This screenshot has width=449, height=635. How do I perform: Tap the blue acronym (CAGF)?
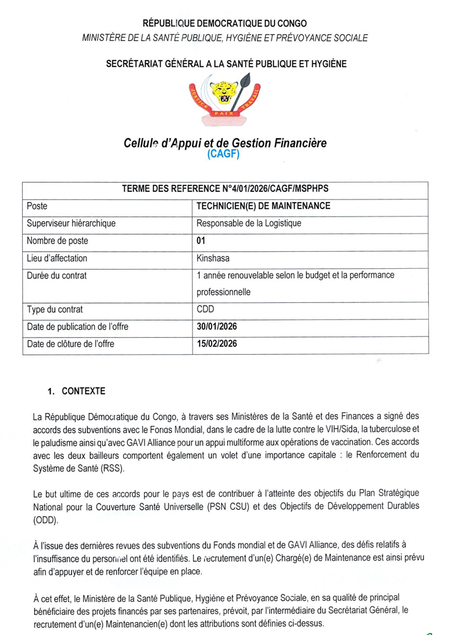[224, 154]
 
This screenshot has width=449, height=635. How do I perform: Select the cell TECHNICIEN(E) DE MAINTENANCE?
[263, 206]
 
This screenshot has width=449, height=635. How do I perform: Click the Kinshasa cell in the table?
[213, 258]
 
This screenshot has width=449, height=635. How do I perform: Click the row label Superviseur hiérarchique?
[71, 223]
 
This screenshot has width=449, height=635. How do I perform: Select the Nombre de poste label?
[57, 240]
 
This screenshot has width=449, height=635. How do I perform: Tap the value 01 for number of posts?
[201, 240]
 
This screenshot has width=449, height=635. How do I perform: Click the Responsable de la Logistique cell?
[249, 223]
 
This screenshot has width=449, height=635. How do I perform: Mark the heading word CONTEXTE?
[83, 391]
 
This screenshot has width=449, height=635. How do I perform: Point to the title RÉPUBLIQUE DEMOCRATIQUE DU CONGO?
[225, 24]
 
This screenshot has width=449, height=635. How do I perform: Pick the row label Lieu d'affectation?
[57, 258]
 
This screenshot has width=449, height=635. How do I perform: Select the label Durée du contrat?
[57, 275]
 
